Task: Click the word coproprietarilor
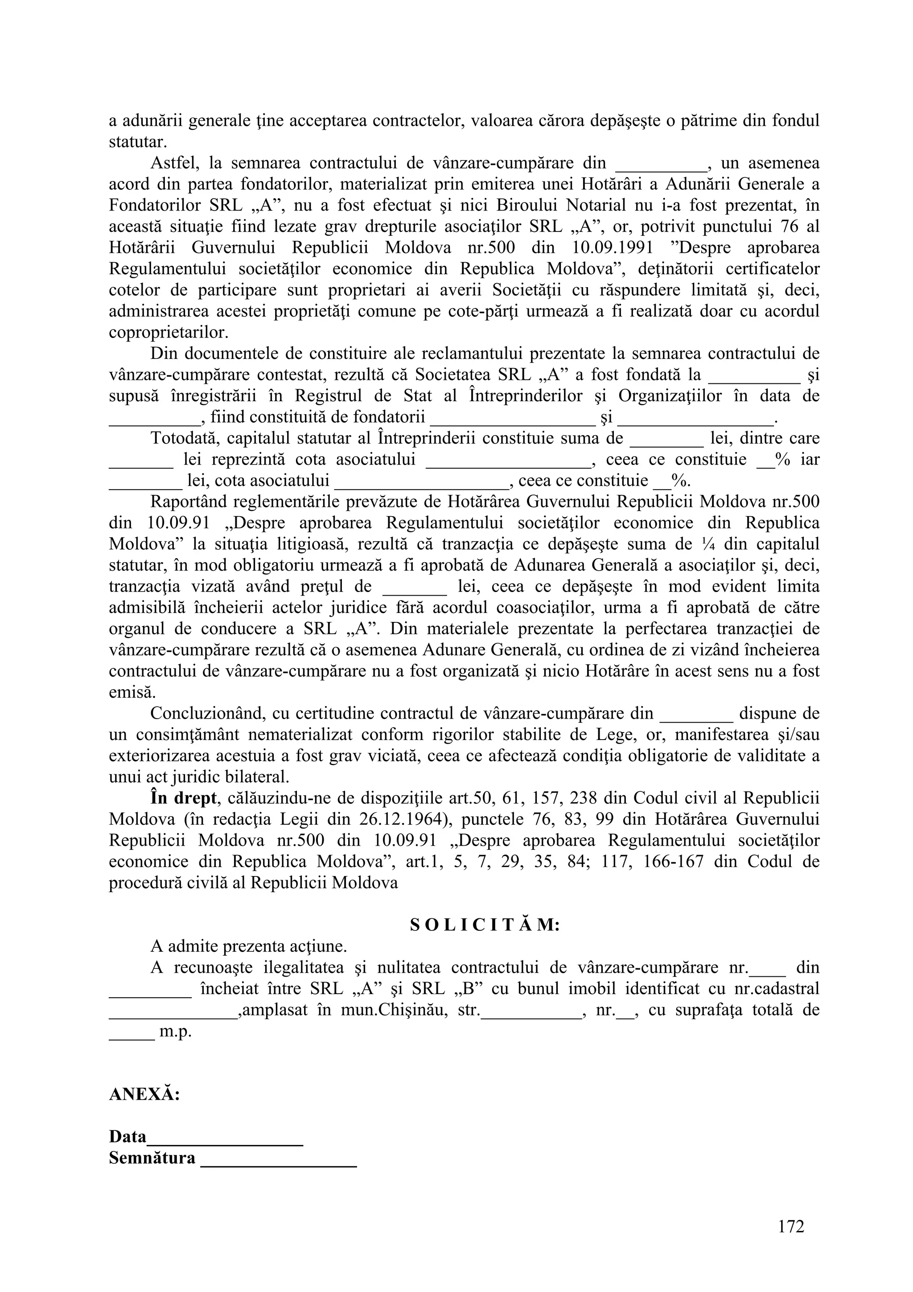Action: [x=168, y=332]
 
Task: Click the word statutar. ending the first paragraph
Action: [x=137, y=142]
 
